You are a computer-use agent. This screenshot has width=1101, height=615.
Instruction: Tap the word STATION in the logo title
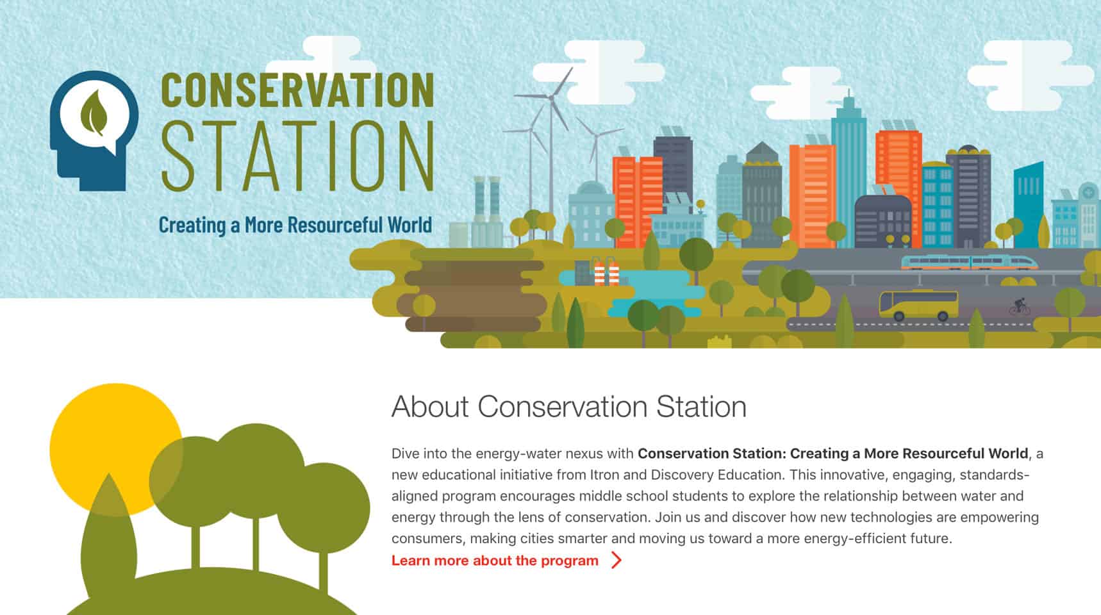297,156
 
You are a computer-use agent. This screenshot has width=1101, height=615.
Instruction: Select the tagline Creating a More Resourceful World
295,225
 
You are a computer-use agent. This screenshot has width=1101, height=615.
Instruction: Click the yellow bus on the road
918,304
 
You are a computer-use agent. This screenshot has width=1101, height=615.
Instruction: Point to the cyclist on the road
1020,307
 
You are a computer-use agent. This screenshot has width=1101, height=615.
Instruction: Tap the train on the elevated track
970,262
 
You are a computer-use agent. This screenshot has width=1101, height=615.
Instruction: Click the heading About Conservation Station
569,407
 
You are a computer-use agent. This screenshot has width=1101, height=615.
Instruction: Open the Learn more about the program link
495,561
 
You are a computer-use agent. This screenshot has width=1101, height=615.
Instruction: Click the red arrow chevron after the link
617,561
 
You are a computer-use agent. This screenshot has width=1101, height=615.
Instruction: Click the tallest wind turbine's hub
550,97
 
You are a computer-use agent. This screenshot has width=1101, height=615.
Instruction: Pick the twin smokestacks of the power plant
486,199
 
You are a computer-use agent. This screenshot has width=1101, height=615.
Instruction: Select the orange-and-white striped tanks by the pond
606,272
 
